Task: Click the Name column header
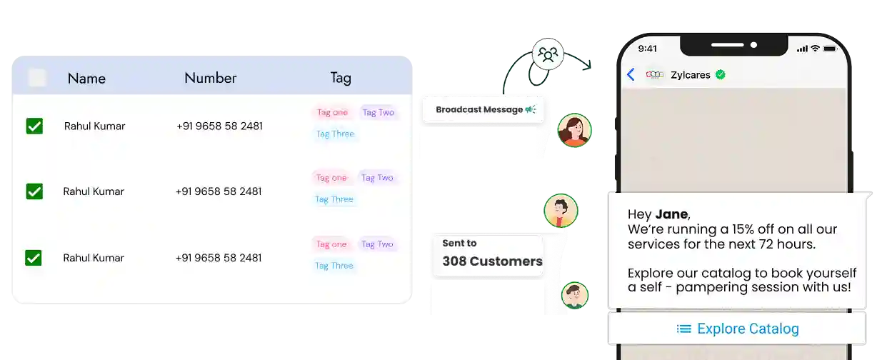point(86,79)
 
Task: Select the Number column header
point(210,78)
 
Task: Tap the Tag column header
point(341,78)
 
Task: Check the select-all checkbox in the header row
point(37,78)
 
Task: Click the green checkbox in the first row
point(34,126)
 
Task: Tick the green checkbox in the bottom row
point(34,258)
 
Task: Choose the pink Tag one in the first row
point(332,112)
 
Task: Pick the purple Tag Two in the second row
point(377,178)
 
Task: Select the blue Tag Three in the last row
point(334,266)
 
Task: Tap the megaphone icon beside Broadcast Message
point(530,109)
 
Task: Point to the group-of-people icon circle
point(548,54)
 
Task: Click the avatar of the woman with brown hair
point(574,131)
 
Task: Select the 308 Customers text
point(491,261)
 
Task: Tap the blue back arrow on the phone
point(631,74)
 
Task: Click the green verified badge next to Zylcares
point(721,74)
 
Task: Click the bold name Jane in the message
point(671,214)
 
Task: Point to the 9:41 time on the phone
point(648,49)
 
